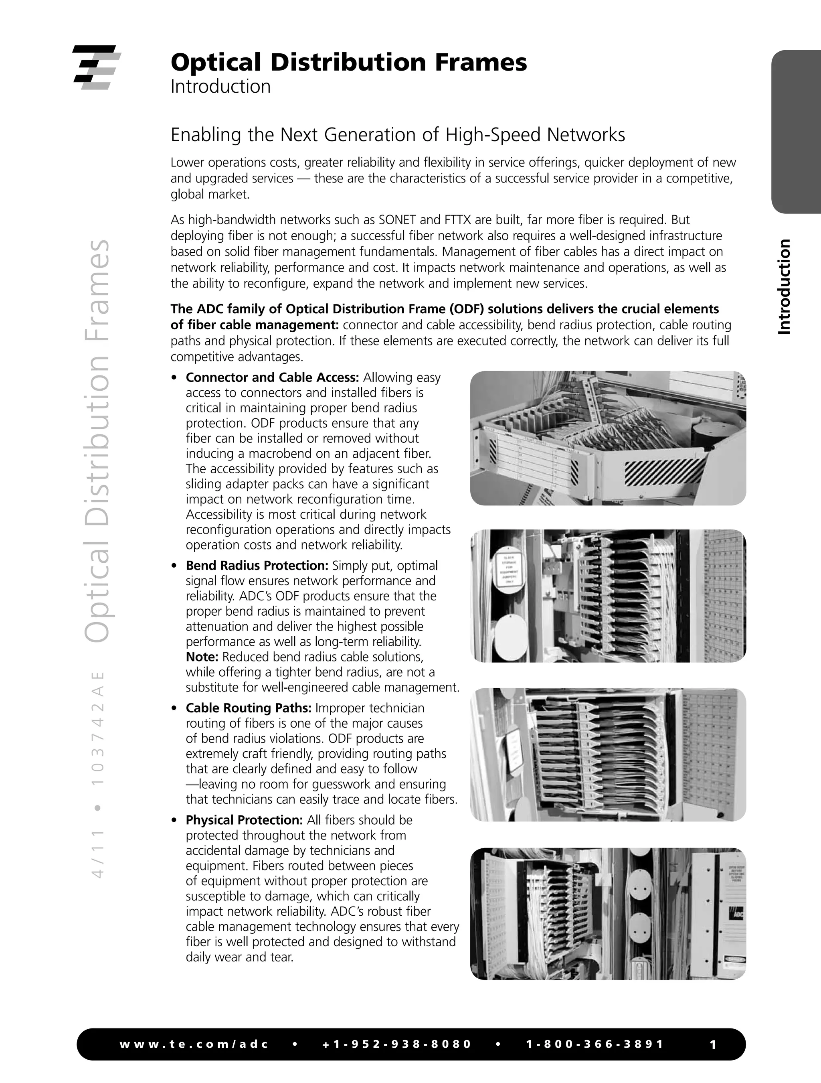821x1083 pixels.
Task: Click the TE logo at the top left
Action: pyautogui.click(x=96, y=67)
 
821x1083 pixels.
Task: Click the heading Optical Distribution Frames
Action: pyautogui.click(x=348, y=62)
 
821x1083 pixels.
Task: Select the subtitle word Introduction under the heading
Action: pyautogui.click(x=220, y=87)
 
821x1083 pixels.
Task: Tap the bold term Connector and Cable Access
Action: pyautogui.click(x=272, y=377)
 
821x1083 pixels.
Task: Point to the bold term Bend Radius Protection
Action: pyautogui.click(x=257, y=566)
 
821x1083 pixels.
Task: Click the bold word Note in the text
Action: pyautogui.click(x=201, y=657)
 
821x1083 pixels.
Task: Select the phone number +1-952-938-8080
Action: pyautogui.click(x=397, y=1044)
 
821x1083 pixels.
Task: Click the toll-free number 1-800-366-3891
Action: pyautogui.click(x=595, y=1044)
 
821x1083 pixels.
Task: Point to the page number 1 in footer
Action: pyautogui.click(x=713, y=1044)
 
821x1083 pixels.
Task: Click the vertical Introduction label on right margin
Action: pyautogui.click(x=784, y=286)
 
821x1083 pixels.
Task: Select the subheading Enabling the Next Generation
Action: pyautogui.click(x=397, y=135)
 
